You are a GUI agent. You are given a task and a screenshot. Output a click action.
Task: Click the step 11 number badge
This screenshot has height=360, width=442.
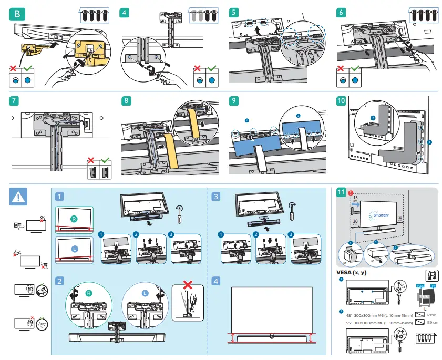[x=341, y=192]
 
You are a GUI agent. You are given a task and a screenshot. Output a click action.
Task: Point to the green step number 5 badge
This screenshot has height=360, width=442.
[x=234, y=12]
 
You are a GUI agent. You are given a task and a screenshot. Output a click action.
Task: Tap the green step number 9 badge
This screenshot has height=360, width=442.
[x=234, y=99]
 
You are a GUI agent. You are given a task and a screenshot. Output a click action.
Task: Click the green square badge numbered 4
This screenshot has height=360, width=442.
[x=125, y=12]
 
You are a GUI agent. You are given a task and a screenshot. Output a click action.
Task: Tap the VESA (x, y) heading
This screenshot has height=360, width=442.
[x=352, y=273]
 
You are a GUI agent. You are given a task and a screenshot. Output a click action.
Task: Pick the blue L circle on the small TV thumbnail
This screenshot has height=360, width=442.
[x=75, y=248]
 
